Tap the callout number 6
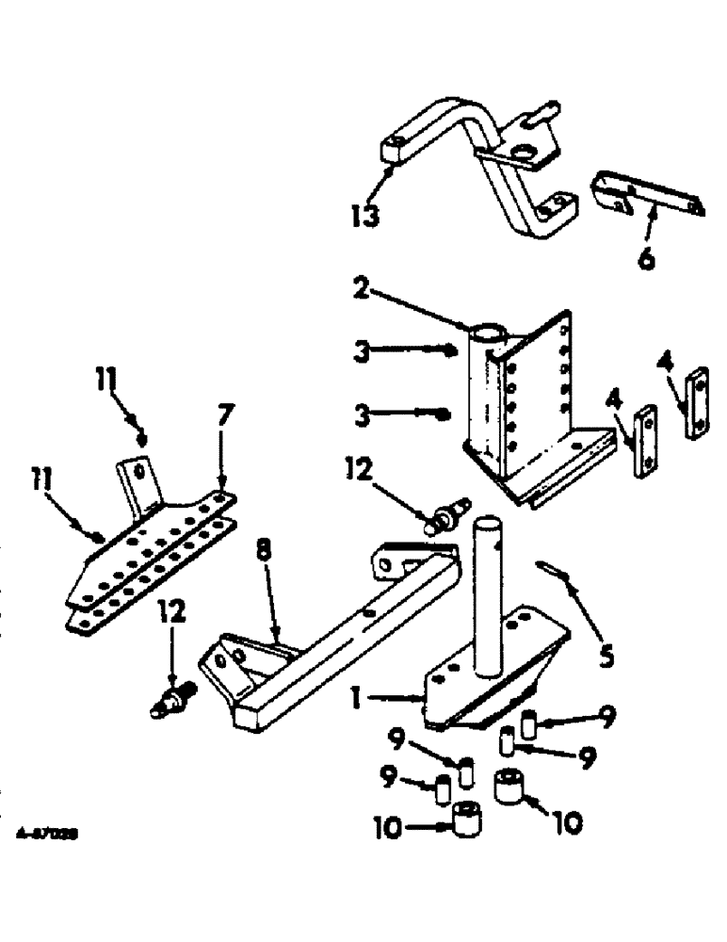[646, 258]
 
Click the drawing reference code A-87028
[46, 834]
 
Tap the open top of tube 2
[489, 333]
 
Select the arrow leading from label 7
[223, 462]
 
